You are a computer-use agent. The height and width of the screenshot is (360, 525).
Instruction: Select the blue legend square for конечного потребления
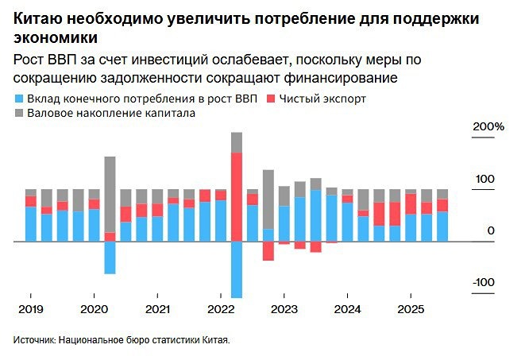(19, 99)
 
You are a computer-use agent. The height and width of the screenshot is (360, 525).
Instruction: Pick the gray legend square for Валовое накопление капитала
(19, 114)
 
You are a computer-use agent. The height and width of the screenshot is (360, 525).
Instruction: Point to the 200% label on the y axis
(488, 127)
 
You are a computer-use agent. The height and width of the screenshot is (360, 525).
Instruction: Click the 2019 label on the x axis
(30, 308)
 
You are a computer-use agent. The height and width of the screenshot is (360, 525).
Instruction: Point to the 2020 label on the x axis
(94, 308)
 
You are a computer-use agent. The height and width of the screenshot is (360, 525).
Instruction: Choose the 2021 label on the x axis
(157, 308)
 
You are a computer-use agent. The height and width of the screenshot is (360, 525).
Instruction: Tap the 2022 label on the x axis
(221, 308)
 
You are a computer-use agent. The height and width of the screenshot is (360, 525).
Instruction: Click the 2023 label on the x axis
(284, 308)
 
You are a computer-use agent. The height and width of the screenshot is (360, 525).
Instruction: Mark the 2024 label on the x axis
(347, 308)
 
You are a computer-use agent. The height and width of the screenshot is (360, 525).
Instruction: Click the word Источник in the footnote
(34, 339)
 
